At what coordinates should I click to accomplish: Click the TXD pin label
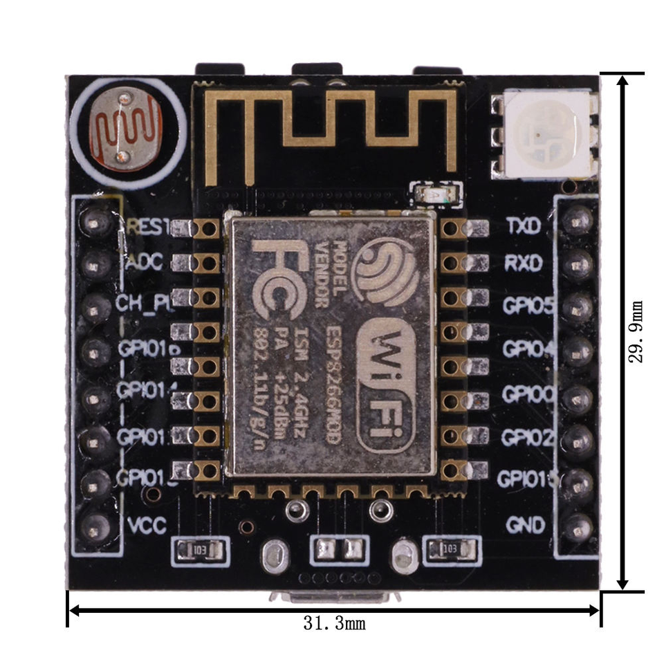[524, 226]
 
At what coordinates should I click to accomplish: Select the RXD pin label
[524, 264]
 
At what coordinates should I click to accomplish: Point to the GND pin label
[525, 526]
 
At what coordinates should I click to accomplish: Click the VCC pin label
[147, 526]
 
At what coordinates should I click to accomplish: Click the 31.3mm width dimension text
[334, 624]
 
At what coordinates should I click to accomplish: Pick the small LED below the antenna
[436, 195]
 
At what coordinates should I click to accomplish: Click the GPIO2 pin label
[528, 438]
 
